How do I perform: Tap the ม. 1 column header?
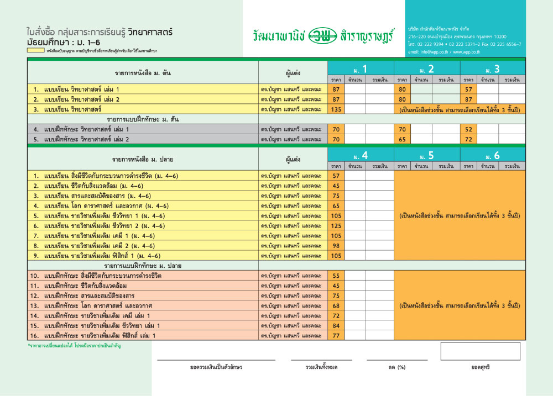point(361,69)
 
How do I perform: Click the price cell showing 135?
point(336,109)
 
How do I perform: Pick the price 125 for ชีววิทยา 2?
point(336,225)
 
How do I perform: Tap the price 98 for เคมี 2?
point(336,245)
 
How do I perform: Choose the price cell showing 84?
point(336,325)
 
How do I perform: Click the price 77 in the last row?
point(336,335)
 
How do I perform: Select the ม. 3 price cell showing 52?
point(468,129)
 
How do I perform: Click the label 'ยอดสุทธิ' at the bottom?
point(480,367)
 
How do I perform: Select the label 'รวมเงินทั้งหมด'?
point(321,367)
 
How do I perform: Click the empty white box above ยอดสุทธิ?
point(480,351)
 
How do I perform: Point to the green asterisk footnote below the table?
point(74,346)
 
